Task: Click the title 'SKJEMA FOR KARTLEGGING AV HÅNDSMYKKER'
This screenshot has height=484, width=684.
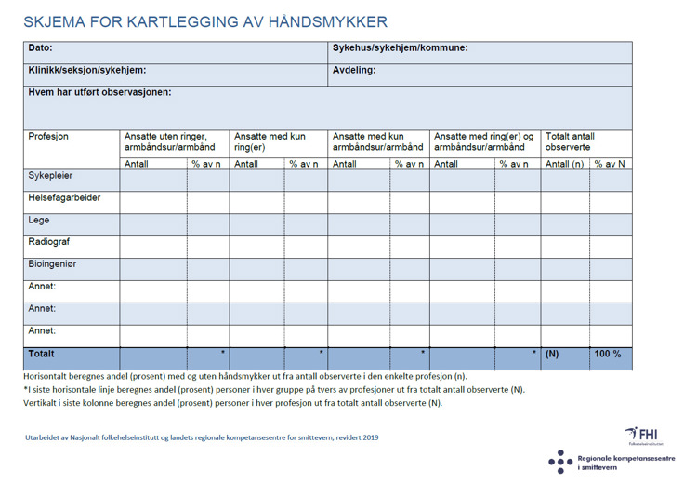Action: point(204,21)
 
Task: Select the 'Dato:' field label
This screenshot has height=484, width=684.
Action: point(41,48)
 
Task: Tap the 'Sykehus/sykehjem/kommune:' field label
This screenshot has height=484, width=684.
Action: point(400,48)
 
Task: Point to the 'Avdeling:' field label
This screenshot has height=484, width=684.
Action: point(354,71)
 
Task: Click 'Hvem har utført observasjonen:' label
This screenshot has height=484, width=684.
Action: point(100,92)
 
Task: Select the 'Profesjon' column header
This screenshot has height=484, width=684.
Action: point(48,137)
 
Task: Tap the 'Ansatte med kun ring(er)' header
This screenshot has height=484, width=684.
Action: point(270,141)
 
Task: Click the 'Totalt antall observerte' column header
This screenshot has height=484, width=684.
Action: point(570,141)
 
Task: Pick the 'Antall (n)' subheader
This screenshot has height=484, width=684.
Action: point(564,164)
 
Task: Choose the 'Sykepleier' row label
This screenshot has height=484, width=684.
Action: point(50,176)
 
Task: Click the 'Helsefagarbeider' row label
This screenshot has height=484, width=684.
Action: point(64,198)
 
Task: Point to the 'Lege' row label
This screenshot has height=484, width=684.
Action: point(39,221)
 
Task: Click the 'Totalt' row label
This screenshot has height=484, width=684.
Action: point(42,355)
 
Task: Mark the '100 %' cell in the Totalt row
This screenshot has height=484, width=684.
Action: point(608,355)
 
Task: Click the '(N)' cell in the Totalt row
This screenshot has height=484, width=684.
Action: point(552,355)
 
